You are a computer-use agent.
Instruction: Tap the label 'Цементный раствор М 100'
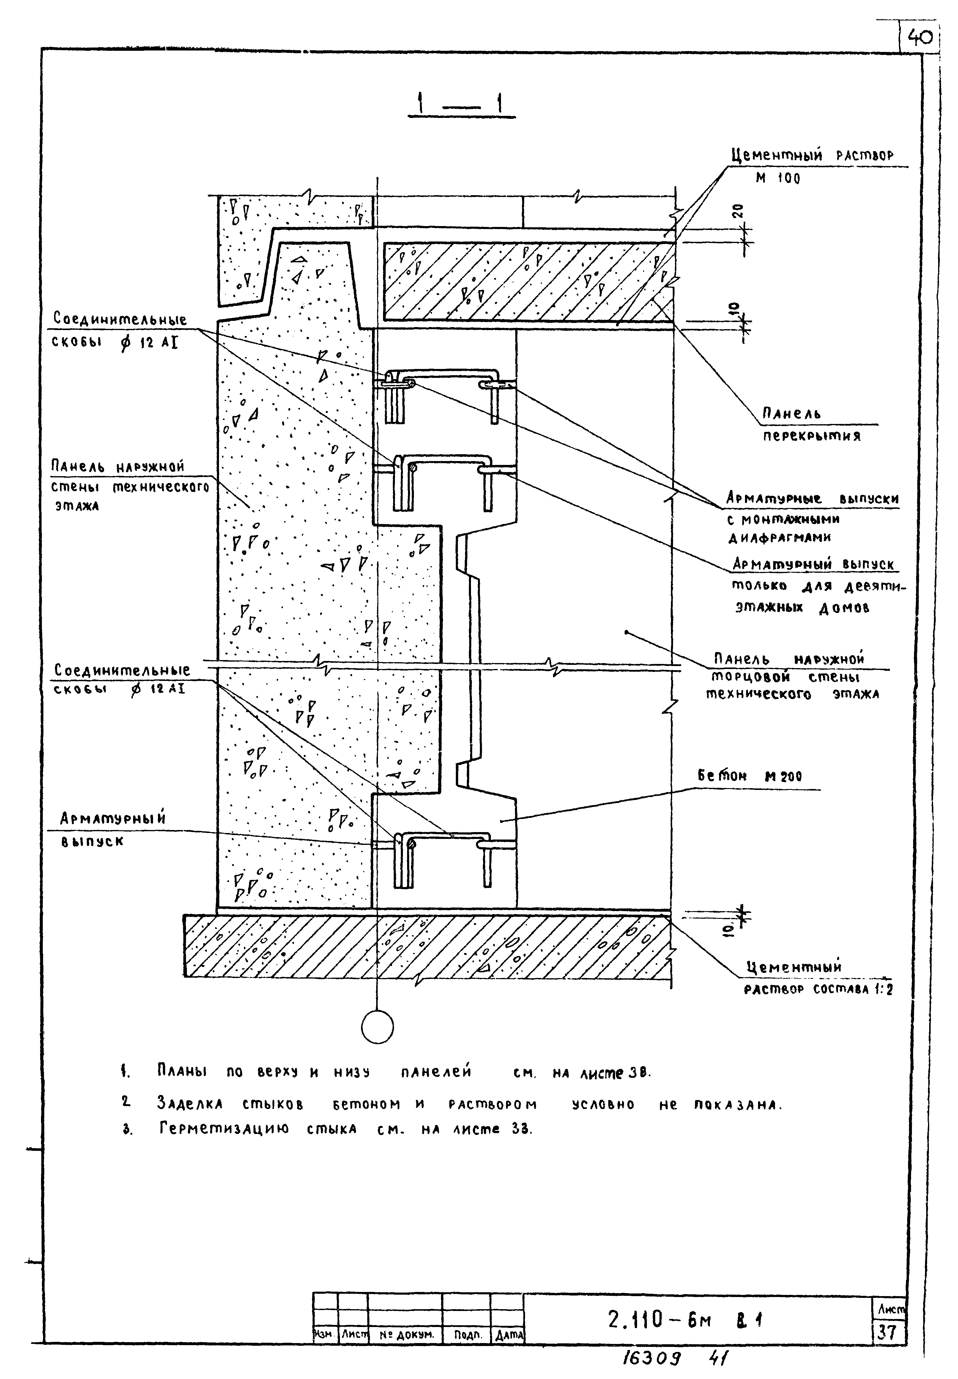812,166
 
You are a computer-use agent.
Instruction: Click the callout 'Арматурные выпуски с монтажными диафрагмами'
812,517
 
